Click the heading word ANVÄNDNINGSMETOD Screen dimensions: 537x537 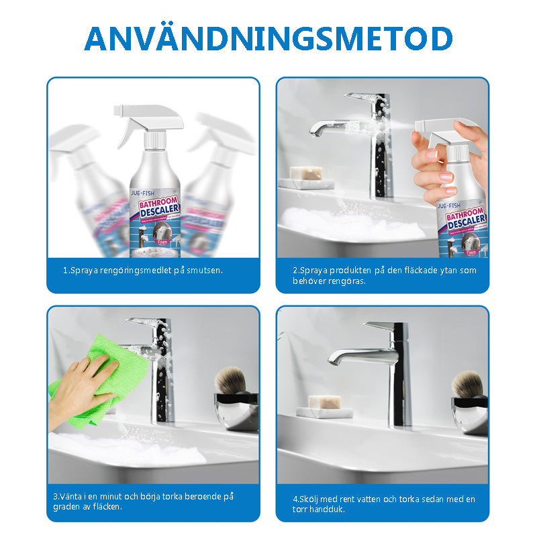point(268,39)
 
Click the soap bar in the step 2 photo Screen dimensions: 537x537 point(305,174)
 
